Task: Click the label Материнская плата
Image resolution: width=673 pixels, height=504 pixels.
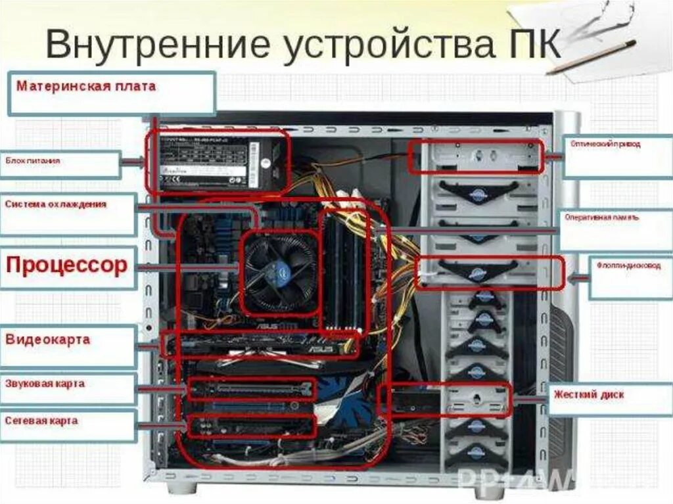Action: [x=86, y=86]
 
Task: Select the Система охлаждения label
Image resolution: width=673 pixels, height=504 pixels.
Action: [x=55, y=204]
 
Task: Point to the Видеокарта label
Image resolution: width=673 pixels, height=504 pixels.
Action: [x=47, y=340]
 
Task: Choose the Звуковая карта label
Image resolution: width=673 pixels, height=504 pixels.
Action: [x=45, y=384]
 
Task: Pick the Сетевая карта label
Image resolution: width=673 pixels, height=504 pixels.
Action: [x=41, y=420]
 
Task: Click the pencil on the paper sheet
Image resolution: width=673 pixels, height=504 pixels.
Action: [x=591, y=57]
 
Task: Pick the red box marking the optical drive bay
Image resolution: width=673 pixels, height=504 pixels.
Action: [x=475, y=156]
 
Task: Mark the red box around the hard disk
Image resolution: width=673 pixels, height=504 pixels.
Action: [x=445, y=399]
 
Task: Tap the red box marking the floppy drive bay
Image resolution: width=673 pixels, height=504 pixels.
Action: [x=490, y=272]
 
